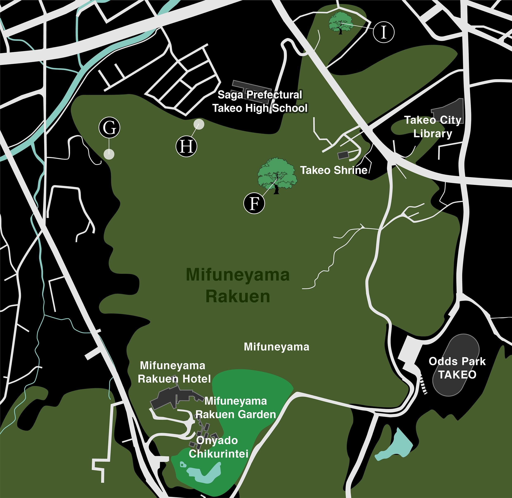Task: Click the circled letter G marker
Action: click(109, 128)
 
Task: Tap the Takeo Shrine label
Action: click(334, 170)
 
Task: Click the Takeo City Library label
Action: click(433, 127)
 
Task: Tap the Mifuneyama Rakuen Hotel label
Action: click(174, 372)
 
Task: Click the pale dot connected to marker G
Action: click(109, 154)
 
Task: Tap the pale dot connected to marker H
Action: click(199, 124)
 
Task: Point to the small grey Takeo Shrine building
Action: click(343, 155)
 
